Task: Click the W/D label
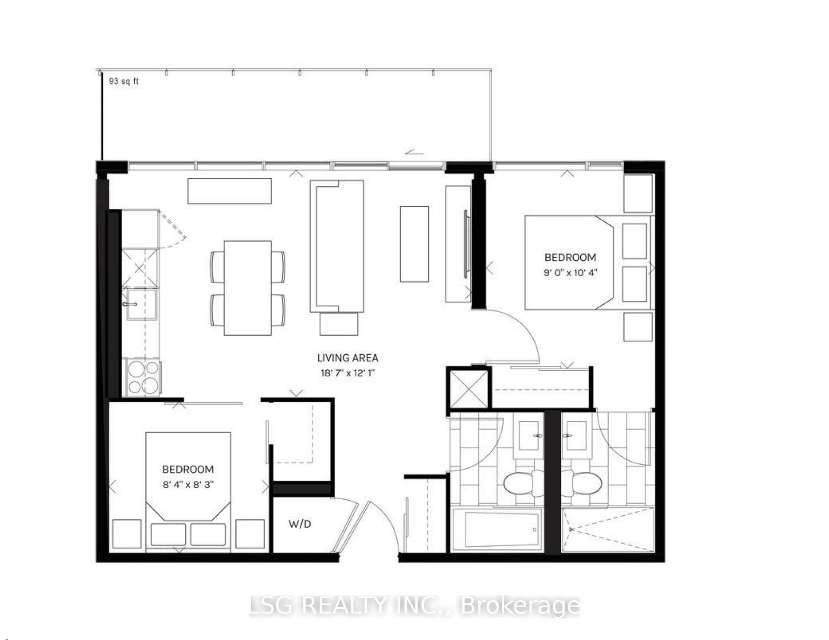click(x=300, y=524)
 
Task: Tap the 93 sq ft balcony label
click(x=124, y=81)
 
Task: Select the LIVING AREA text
click(x=348, y=358)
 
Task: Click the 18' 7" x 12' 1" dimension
click(x=348, y=373)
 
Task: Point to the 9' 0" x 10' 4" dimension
click(x=570, y=273)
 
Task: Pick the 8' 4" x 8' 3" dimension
click(x=188, y=484)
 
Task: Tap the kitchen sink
click(x=141, y=304)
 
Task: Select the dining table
click(x=247, y=288)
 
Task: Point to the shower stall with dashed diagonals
click(x=608, y=530)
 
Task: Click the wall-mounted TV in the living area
click(x=466, y=244)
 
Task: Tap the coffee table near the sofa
click(x=414, y=244)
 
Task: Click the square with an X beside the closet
click(x=468, y=388)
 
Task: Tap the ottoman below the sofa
click(x=339, y=324)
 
